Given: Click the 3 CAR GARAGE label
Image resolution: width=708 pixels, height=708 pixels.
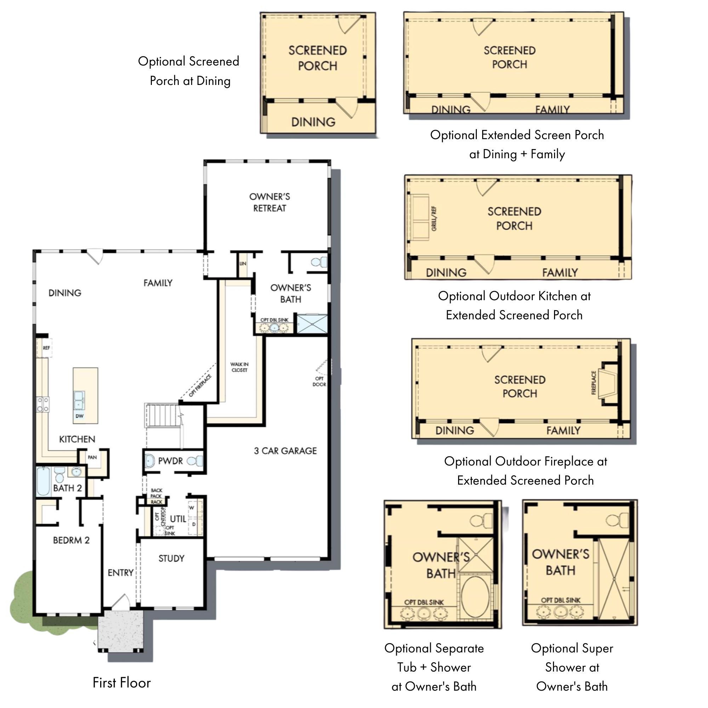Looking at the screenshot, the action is (285, 451).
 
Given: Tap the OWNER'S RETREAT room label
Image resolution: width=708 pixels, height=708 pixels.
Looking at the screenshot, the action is (270, 202).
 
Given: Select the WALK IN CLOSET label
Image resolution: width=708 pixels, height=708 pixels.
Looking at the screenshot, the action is (239, 367).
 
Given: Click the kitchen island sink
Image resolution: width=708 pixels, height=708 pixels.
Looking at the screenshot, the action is (79, 400).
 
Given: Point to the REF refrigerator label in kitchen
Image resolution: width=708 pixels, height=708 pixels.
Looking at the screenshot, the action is (46, 348).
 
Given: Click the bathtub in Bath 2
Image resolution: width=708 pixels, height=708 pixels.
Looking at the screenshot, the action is (44, 481).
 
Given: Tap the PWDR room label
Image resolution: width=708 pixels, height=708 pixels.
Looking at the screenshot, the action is (170, 461).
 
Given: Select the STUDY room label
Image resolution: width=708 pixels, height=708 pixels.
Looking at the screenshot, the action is (171, 559).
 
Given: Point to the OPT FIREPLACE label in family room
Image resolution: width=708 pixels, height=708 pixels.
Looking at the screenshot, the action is (200, 386).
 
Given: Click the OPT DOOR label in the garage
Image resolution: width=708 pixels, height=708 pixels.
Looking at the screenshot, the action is (319, 382).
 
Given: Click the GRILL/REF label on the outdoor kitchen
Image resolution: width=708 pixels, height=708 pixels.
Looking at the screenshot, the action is (434, 219).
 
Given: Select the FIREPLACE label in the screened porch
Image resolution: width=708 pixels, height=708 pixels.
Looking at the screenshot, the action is (594, 383).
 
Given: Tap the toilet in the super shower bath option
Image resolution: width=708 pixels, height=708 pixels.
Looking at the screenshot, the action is (617, 520).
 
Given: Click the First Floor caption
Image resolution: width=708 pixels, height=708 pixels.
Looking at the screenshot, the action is (122, 683).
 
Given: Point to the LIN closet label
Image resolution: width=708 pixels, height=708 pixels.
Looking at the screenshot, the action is (242, 263).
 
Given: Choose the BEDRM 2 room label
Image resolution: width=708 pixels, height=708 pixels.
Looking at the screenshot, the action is (71, 540).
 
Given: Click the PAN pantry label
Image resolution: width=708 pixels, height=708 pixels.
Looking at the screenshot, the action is (92, 457).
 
